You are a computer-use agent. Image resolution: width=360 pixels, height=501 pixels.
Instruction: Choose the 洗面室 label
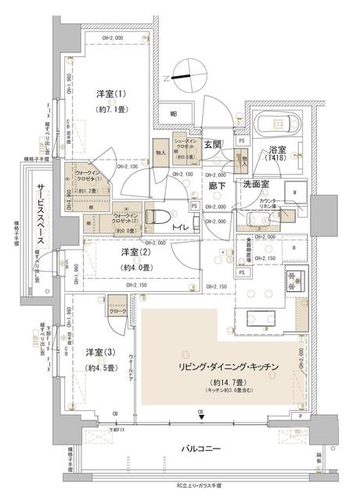pyautogui.click(x=256, y=184)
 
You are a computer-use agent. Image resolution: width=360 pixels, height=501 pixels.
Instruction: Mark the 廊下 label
pyautogui.click(x=216, y=186)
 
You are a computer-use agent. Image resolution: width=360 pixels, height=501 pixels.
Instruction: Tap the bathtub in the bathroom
pyautogui.click(x=276, y=124)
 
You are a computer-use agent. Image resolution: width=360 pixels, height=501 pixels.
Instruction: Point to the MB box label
pyautogui.click(x=175, y=116)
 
